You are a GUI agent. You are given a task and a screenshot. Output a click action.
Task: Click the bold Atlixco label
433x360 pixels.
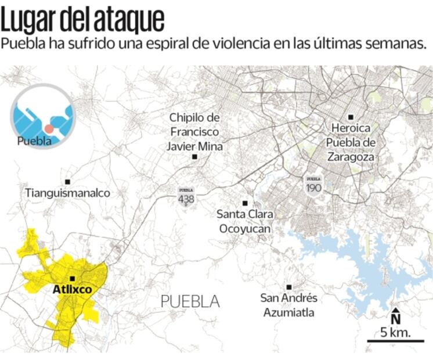pyautogui.click(x=71, y=289)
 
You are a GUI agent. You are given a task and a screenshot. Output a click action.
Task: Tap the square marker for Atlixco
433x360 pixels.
pyautogui.click(x=72, y=279)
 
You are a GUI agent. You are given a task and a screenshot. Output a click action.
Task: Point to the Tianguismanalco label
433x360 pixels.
pyautogui.click(x=67, y=192)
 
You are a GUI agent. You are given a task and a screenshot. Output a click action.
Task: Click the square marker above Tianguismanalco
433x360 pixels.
pyautogui.click(x=68, y=182)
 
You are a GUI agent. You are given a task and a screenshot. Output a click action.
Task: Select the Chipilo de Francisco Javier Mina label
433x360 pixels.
pyautogui.click(x=194, y=132)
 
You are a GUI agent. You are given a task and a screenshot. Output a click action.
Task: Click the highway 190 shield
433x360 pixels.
pyautogui.click(x=313, y=185)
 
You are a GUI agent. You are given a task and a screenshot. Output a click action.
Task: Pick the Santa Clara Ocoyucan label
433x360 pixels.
pyautogui.click(x=245, y=221)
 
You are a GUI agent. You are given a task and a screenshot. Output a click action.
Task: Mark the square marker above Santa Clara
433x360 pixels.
pyautogui.click(x=245, y=203)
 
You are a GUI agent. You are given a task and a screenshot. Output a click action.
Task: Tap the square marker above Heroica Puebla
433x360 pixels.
pyautogui.click(x=351, y=117)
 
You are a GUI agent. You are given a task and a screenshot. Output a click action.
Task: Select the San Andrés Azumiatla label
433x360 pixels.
pyautogui.click(x=288, y=305)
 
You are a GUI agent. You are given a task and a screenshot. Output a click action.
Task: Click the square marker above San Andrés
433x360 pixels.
pyautogui.click(x=288, y=287)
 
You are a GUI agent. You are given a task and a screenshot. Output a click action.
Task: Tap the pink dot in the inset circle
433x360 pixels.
pyautogui.click(x=49, y=128)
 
